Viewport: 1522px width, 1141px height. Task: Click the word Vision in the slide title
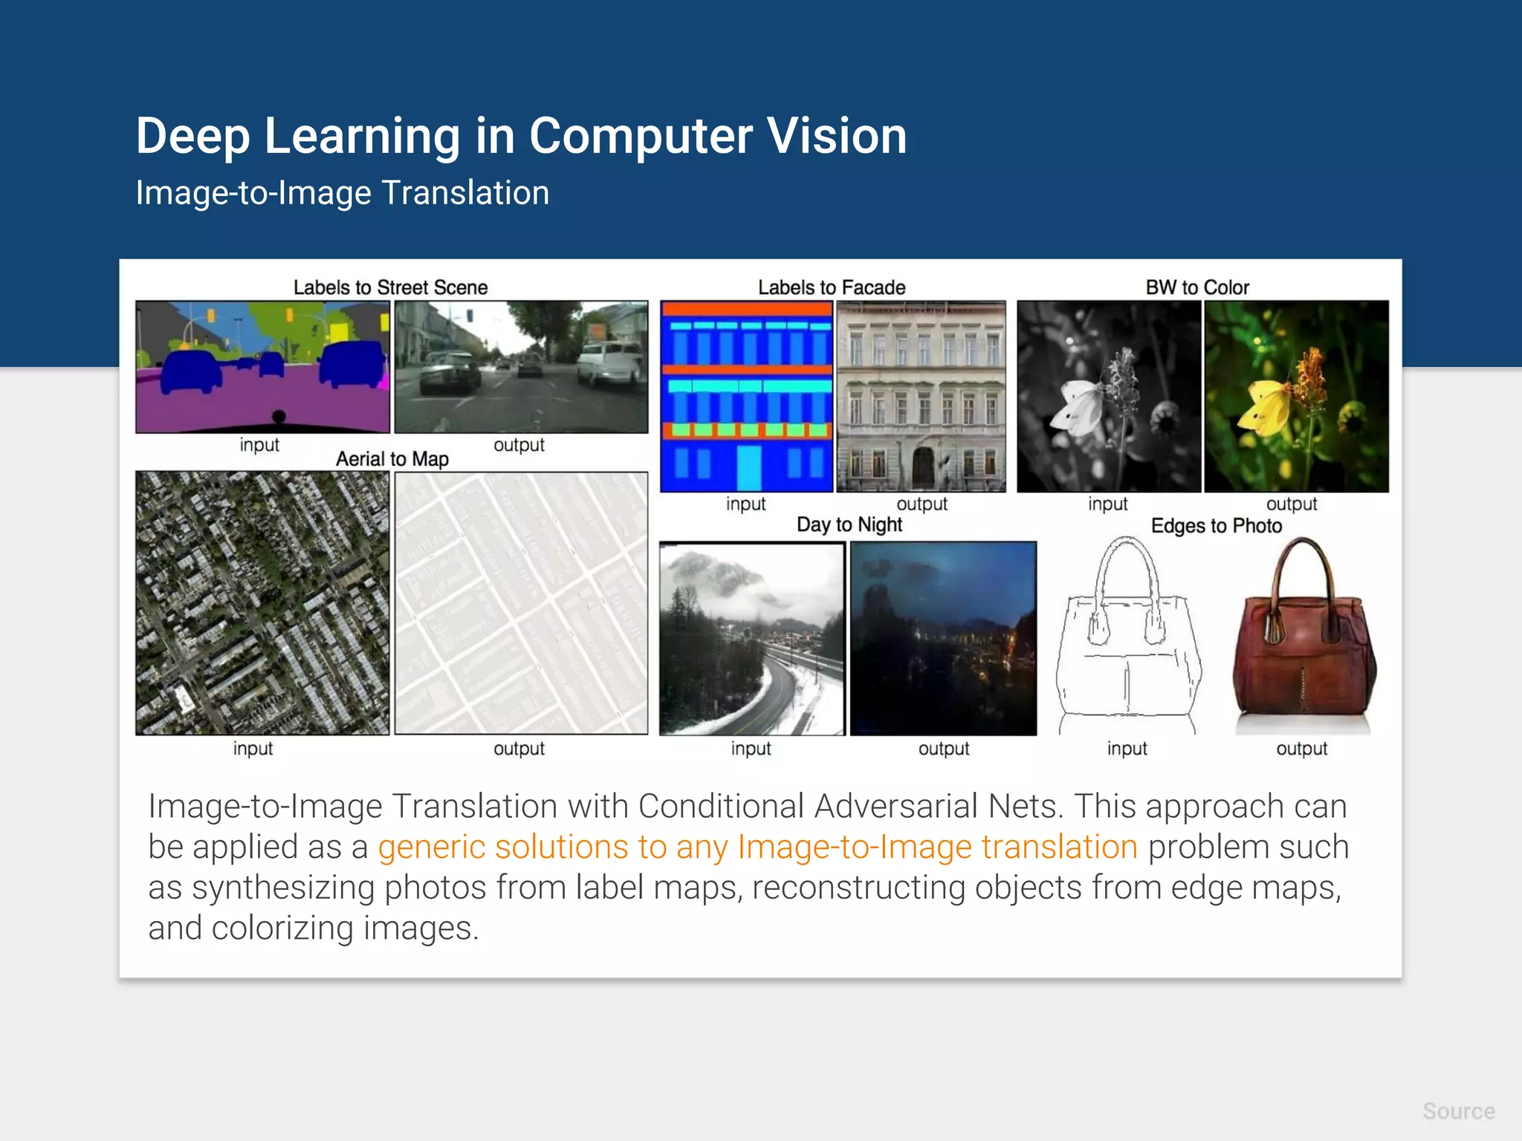[836, 136]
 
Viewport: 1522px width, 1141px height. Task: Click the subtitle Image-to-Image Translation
[343, 193]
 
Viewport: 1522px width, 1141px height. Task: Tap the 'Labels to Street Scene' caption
[390, 287]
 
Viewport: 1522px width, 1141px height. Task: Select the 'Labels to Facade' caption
[832, 287]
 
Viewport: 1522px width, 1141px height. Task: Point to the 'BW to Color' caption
[1197, 287]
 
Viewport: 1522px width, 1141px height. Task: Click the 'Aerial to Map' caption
[392, 459]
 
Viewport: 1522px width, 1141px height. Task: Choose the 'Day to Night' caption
[849, 524]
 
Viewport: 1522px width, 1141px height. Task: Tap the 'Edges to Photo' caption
[1217, 526]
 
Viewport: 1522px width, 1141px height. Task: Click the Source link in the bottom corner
[1458, 1111]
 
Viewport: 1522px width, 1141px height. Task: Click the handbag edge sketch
[1127, 639]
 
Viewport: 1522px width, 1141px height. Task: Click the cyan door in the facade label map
[748, 467]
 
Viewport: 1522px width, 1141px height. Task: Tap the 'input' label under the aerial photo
[253, 749]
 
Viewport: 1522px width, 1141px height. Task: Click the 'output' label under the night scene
[944, 749]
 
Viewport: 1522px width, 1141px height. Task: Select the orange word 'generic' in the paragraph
[431, 848]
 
